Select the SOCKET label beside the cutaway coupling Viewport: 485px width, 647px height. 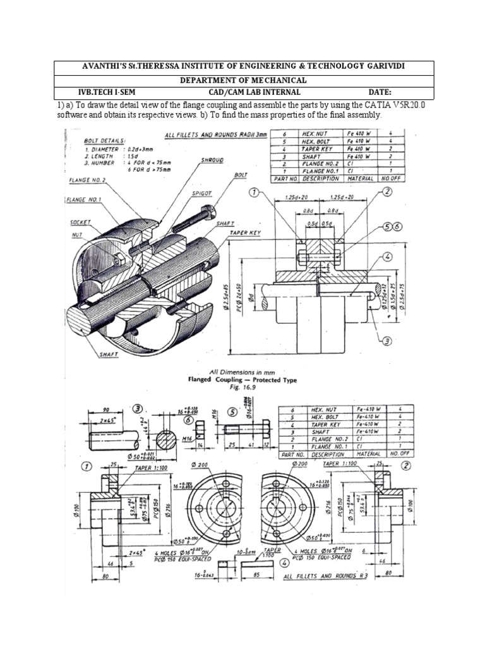pyautogui.click(x=81, y=222)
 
